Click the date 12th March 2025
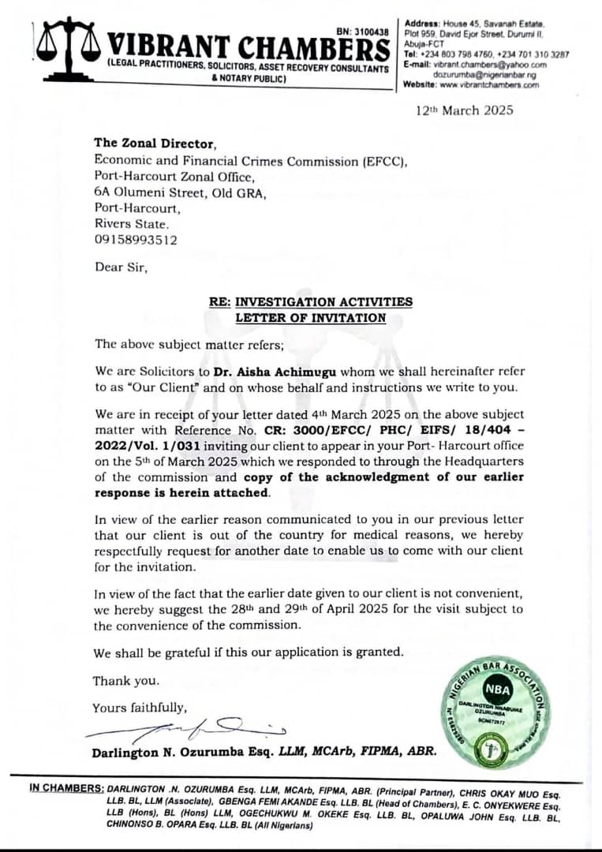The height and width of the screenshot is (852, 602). point(465,110)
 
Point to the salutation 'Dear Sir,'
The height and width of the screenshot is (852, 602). point(121,267)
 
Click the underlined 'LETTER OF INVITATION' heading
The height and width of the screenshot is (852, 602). point(311,318)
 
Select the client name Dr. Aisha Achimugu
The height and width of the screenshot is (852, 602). point(284,371)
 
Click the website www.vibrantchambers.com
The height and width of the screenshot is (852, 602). point(489,84)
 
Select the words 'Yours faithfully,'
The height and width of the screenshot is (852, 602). point(140,708)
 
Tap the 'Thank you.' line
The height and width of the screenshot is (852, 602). point(126,681)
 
